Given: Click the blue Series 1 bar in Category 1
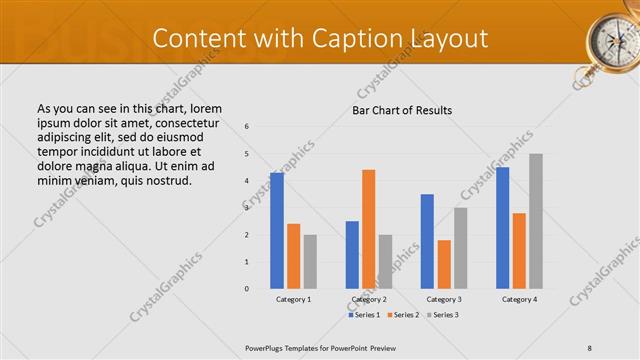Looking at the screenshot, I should [x=277, y=231].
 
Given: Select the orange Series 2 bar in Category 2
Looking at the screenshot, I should [x=368, y=229].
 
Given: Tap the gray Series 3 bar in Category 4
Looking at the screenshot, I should [x=536, y=221].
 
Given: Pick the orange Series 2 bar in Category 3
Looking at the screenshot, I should [x=444, y=264].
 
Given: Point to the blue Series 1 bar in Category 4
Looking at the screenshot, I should [x=502, y=228].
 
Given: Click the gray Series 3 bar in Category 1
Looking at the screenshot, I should [x=310, y=262].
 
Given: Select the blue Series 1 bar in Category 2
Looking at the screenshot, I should [x=352, y=255].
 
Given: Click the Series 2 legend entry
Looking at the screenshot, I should [x=404, y=315].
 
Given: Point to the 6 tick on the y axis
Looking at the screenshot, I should [x=248, y=126].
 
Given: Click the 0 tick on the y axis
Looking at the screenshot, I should [x=248, y=289].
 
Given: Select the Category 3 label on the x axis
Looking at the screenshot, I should [x=444, y=299].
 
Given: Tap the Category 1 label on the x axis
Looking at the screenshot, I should [x=293, y=299].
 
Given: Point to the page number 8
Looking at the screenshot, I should [x=590, y=348].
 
